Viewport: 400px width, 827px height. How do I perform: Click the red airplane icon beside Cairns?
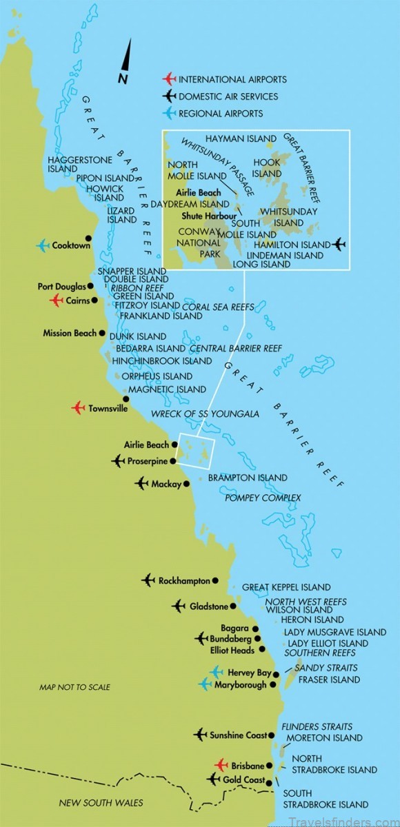pos(57,300)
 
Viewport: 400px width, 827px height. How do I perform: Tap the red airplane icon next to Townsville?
pos(79,408)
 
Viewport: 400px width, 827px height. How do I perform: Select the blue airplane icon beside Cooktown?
pos(43,245)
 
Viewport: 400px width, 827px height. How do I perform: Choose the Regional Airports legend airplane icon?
pos(167,113)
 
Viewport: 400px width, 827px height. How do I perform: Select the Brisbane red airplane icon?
pos(221,765)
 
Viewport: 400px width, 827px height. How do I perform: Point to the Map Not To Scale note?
pos(74,687)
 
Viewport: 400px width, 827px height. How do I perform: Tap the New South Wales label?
pos(101,802)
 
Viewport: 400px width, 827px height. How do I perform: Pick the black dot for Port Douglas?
pos(90,285)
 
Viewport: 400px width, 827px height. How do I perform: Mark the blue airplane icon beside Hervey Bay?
pos(217,671)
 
